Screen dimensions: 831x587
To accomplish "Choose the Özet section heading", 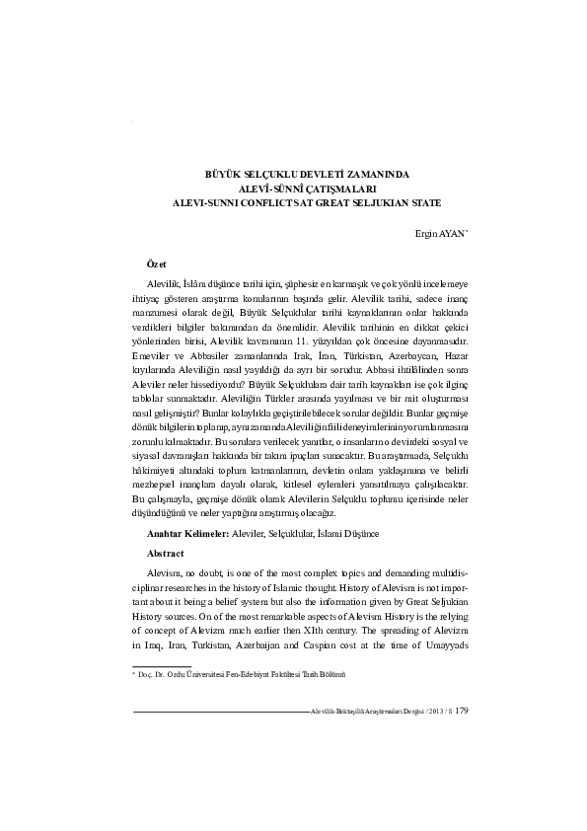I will pyautogui.click(x=144, y=264).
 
